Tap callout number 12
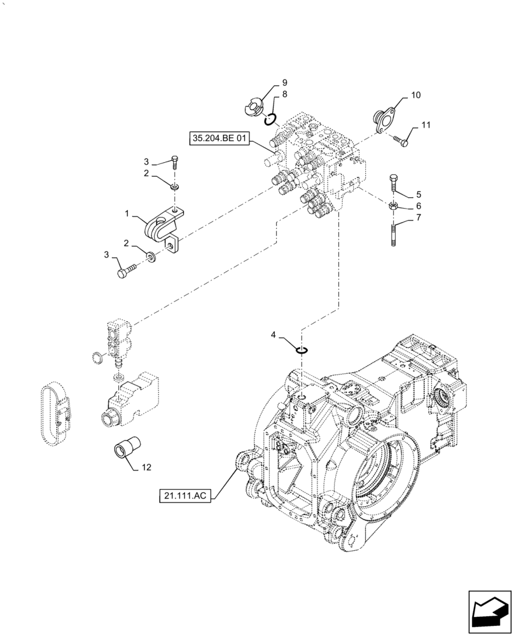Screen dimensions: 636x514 (146, 467)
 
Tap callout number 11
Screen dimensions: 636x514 (425, 125)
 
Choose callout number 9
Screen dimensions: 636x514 (284, 83)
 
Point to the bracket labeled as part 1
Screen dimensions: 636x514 (164, 228)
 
